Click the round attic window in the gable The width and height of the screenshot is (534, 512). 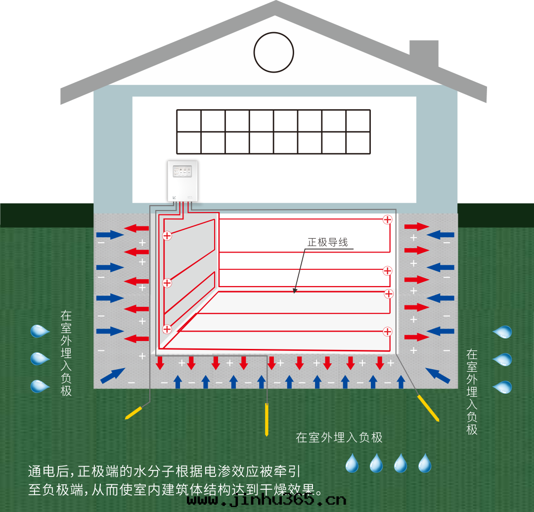pyautogui.click(x=274, y=52)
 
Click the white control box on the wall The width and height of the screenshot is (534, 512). pyautogui.click(x=182, y=181)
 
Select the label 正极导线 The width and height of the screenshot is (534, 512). pyautogui.click(x=328, y=242)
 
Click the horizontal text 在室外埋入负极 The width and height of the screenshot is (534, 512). pyautogui.click(x=339, y=437)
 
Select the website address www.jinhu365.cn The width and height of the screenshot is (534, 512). pyautogui.click(x=267, y=499)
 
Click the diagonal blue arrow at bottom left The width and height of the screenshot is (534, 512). pyautogui.click(x=113, y=375)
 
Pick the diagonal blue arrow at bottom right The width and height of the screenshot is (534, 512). pyautogui.click(x=438, y=375)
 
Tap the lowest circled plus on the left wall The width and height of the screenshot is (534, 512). pyautogui.click(x=167, y=329)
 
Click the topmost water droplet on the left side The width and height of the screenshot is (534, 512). pyautogui.click(x=40, y=331)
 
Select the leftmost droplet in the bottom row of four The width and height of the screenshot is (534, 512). pyautogui.click(x=352, y=464)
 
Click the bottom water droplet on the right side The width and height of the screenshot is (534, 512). pyautogui.click(x=502, y=386)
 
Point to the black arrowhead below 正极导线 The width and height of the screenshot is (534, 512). pyautogui.click(x=295, y=291)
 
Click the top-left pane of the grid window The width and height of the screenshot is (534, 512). pyautogui.click(x=189, y=121)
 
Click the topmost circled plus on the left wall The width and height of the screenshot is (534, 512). pyautogui.click(x=167, y=236)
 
